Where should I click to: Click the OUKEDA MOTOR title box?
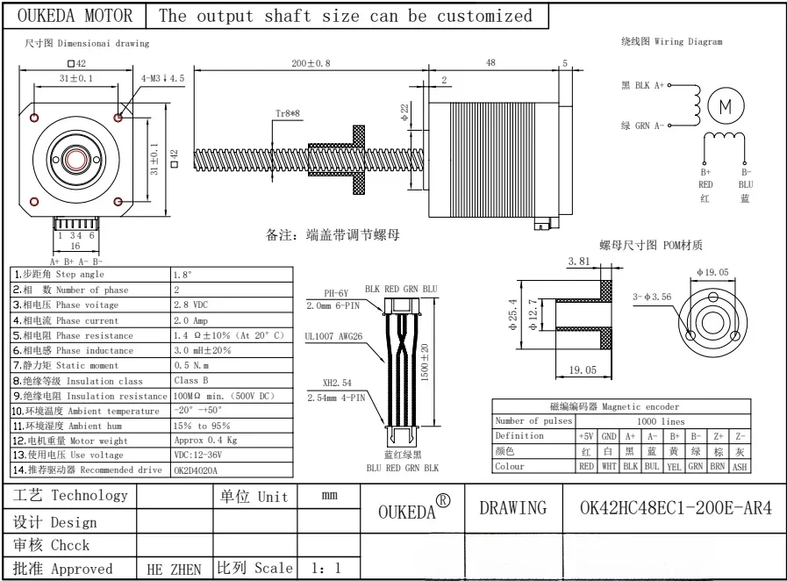[x=75, y=16]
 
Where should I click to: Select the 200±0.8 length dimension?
[x=311, y=63]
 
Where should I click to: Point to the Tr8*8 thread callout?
[x=288, y=114]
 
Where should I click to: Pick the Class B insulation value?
[x=193, y=381]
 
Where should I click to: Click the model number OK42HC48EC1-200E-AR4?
[x=676, y=508]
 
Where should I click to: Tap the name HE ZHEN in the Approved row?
[x=173, y=569]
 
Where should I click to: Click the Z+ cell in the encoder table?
[x=719, y=436]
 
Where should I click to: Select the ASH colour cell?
[x=740, y=467]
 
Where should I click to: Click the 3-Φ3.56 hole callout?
[x=652, y=298]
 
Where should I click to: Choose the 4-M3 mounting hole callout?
[x=163, y=78]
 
